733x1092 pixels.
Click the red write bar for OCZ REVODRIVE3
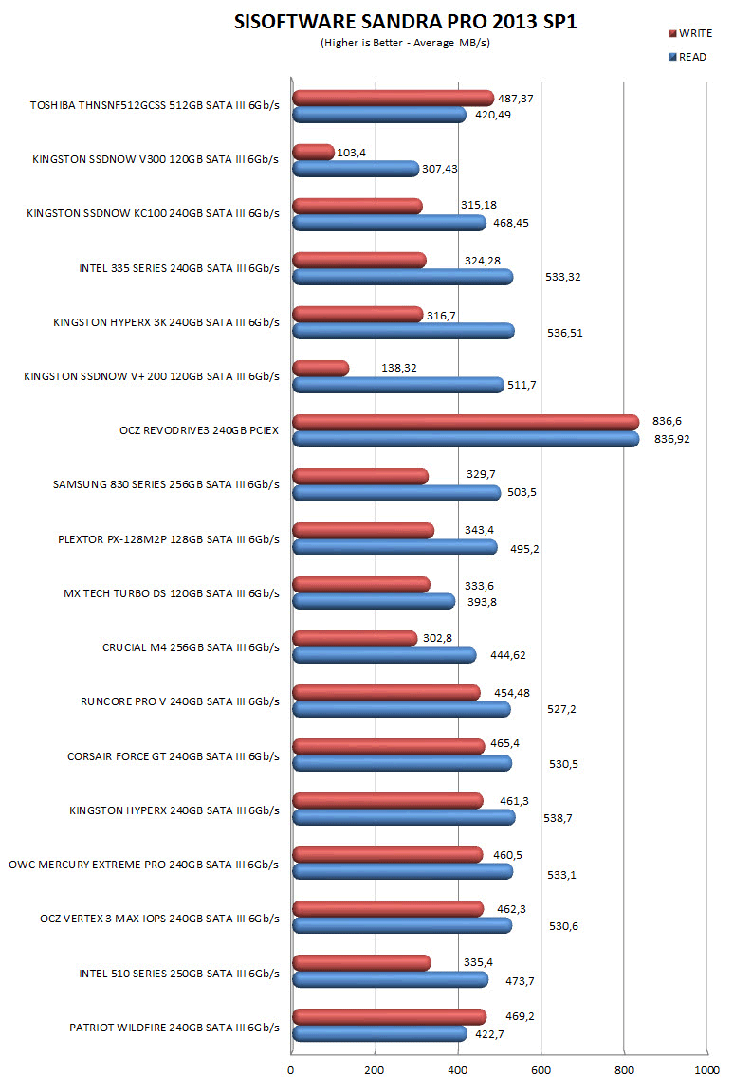click(x=465, y=422)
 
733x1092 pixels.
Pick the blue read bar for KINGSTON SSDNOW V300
click(x=356, y=169)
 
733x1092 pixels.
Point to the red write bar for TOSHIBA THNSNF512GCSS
click(x=393, y=98)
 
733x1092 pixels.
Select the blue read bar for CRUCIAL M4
click(x=384, y=655)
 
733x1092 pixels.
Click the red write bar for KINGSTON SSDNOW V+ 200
click(x=321, y=368)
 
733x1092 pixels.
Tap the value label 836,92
click(x=672, y=440)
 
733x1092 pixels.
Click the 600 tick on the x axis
click(x=541, y=1070)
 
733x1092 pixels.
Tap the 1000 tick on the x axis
click(x=707, y=1070)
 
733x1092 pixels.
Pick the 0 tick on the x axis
click(x=292, y=1070)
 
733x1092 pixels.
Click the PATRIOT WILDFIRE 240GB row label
click(x=174, y=1027)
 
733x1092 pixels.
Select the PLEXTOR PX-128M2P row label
click(x=168, y=539)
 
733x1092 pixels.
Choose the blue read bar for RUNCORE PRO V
click(x=401, y=709)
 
